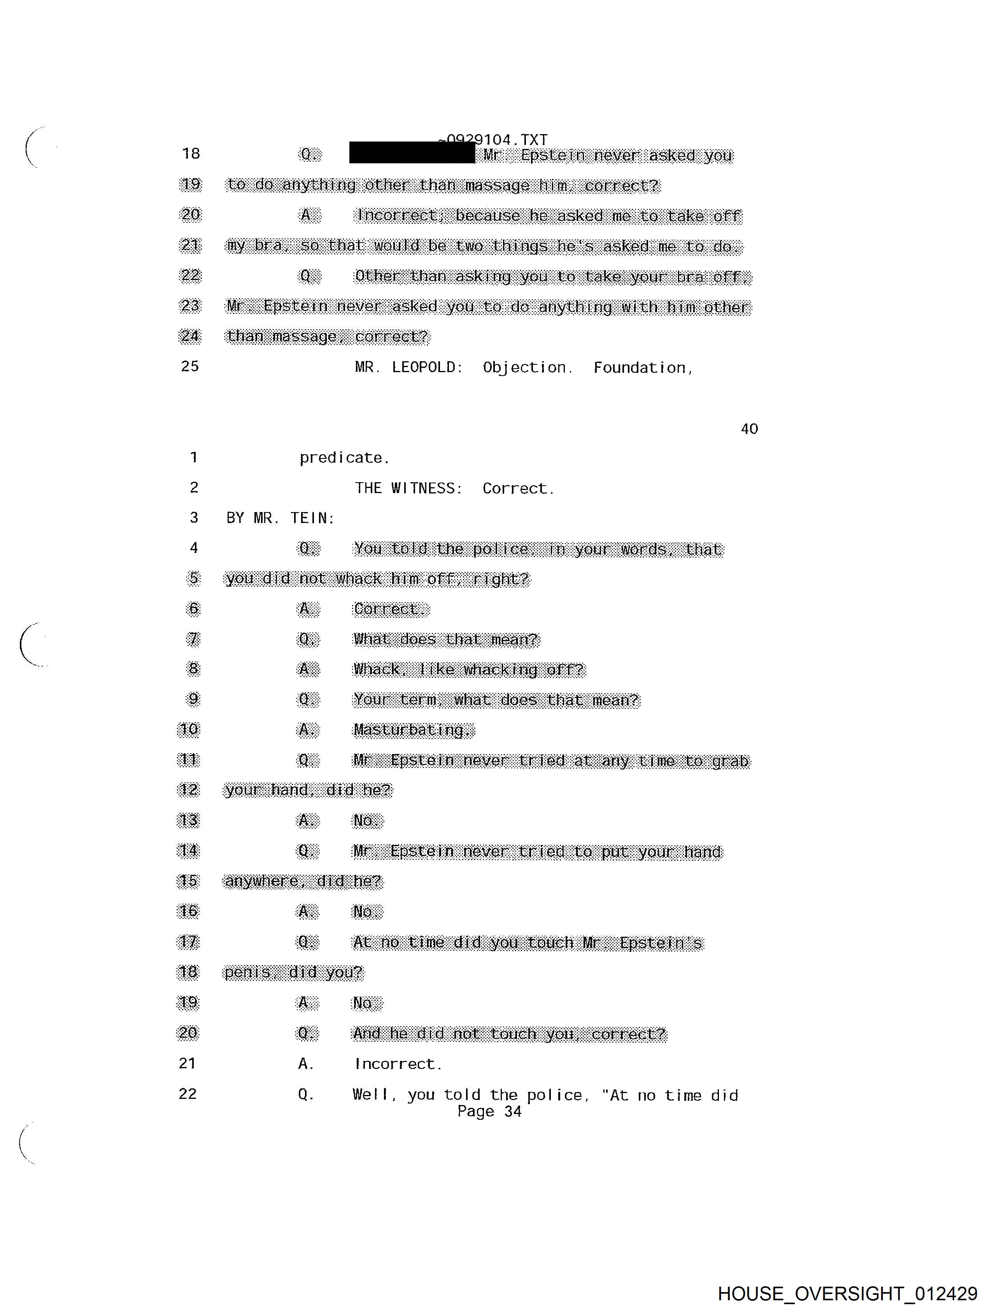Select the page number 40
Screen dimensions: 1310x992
(749, 429)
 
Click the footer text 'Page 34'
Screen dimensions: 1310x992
(489, 1112)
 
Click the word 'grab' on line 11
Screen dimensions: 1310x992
(730, 761)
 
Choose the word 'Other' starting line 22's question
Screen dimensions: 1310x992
(377, 276)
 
